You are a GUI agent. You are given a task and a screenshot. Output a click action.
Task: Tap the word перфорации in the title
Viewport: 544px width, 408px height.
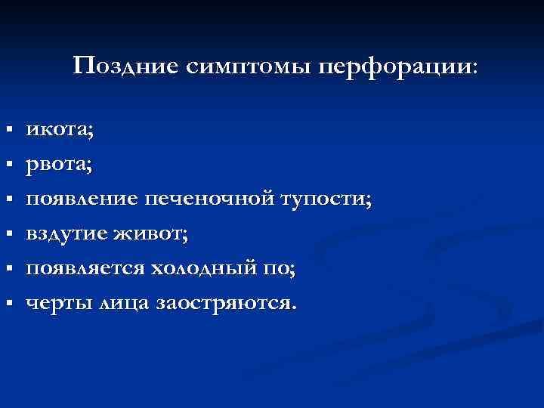[x=397, y=66]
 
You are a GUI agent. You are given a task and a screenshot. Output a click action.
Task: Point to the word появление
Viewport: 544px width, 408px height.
[x=81, y=199]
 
